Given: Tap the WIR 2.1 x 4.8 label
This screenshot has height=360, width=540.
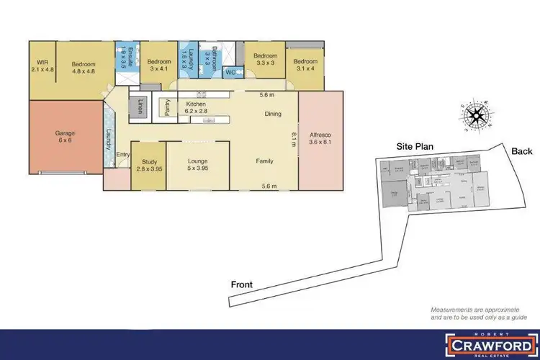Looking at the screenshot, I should (40, 66).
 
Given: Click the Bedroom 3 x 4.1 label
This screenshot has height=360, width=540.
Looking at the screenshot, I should (158, 66).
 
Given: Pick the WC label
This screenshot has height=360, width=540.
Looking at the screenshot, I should (231, 72).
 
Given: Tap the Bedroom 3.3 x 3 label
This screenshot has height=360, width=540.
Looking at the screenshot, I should (265, 59).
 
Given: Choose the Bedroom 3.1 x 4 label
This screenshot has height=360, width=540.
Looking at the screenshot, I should (305, 66).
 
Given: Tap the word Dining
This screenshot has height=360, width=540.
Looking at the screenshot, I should (273, 114).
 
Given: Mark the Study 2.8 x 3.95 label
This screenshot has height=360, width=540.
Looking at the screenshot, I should (150, 165).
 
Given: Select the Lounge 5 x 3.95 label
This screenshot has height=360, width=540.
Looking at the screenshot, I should (197, 165).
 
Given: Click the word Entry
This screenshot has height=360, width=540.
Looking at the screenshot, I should (122, 153).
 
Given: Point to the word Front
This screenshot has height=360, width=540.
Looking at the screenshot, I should (242, 284).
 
